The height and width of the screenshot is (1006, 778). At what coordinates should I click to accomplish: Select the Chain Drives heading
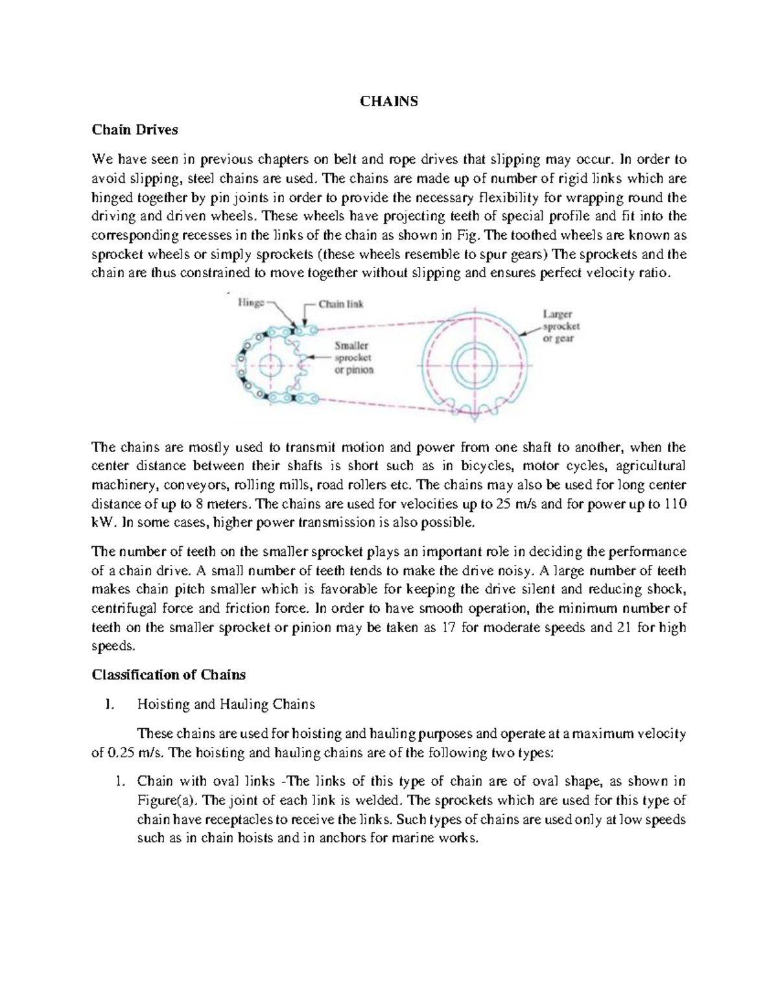134,130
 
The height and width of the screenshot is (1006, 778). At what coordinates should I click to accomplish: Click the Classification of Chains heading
169,674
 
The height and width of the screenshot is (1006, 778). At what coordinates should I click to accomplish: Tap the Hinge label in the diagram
250,302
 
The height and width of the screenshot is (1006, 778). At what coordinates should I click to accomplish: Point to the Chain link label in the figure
340,304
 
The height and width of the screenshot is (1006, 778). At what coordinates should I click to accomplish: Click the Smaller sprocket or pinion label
353,358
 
